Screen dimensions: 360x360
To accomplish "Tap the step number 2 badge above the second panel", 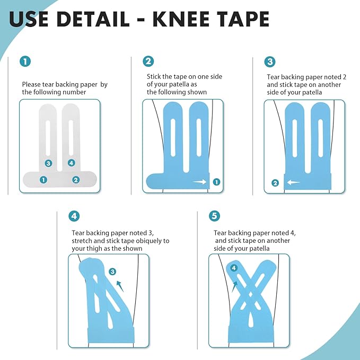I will pos(148,62).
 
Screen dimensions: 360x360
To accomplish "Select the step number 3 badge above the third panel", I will pos(270,62).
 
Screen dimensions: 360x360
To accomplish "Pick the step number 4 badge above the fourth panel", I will pos(74,216).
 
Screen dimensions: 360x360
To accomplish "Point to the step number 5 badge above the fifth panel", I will pos(214,216).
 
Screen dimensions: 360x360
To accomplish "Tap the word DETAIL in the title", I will pos(92,19).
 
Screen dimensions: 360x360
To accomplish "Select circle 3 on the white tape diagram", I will pos(48,163).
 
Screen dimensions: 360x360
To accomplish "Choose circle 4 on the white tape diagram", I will pos(72,163).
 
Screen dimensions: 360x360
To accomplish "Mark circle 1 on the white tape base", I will pos(43,180).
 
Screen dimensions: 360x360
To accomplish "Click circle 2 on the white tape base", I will pos(76,180).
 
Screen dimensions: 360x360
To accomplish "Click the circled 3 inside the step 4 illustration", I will pos(112,272).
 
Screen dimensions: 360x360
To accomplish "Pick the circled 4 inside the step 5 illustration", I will pos(234,268).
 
